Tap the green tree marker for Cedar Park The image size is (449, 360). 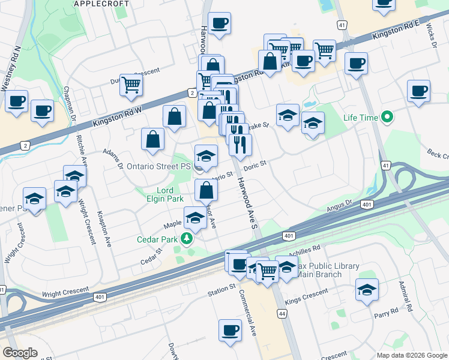pyautogui.click(x=187, y=239)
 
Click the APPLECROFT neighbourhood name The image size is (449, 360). pyautogui.click(x=101, y=4)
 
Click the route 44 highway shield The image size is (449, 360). pyautogui.click(x=282, y=314)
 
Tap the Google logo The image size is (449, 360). pyautogui.click(x=20, y=353)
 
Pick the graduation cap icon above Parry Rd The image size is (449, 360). pyautogui.click(x=367, y=290)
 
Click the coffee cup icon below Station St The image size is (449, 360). pyautogui.click(x=230, y=330)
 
